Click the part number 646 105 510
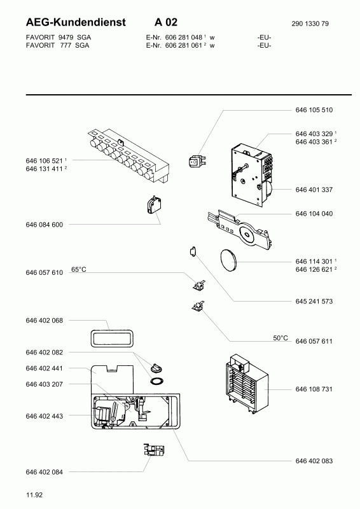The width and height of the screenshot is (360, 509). pos(314,110)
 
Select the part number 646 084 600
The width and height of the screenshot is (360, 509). pos(44,225)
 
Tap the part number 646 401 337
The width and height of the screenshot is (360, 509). pos(314,190)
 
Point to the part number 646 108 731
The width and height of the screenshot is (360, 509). pos(314,389)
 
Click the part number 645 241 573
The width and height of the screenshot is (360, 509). pos(314,302)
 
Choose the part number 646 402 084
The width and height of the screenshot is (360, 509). pos(44,472)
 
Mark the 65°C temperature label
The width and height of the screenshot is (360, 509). pos(79,270)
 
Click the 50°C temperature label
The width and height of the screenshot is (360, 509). pos(280,338)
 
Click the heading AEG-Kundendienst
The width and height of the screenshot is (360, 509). pos(76,22)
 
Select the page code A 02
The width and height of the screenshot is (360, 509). pos(166,22)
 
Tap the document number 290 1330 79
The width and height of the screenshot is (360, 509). pos(310,24)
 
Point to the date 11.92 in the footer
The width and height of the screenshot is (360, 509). pos(34,495)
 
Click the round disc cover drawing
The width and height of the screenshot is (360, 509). pos(228,259)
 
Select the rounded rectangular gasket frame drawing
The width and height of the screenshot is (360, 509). pos(113,338)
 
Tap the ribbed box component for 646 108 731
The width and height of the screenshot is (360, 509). pos(246,384)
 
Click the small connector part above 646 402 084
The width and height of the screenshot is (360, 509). pos(154,450)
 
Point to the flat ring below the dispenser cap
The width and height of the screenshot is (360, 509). pos(157,380)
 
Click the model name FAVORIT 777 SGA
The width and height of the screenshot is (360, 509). pos(57,45)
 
